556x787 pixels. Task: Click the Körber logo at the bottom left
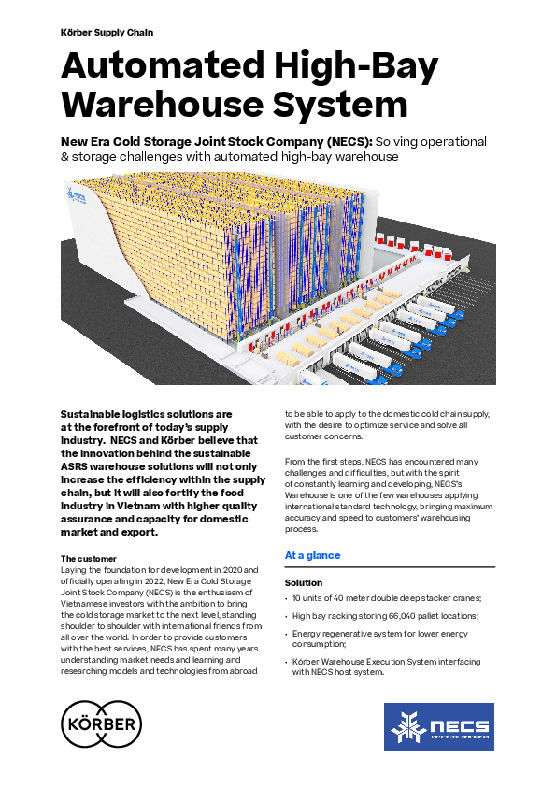101,724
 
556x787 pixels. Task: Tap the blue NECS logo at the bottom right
439,727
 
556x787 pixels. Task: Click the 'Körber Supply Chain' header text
107,32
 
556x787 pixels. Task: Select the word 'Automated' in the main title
163,65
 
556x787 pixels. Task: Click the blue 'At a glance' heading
313,555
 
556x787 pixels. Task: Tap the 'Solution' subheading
304,582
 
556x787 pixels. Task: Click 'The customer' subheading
89,559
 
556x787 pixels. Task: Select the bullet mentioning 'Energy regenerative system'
380,638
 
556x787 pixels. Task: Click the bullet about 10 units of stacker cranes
387,598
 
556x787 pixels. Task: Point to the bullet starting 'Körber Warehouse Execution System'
386,666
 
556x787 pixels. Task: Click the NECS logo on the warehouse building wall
77,195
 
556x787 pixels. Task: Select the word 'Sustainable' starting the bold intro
92,414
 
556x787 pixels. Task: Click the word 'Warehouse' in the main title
162,105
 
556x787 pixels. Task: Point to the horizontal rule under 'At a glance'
390,567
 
